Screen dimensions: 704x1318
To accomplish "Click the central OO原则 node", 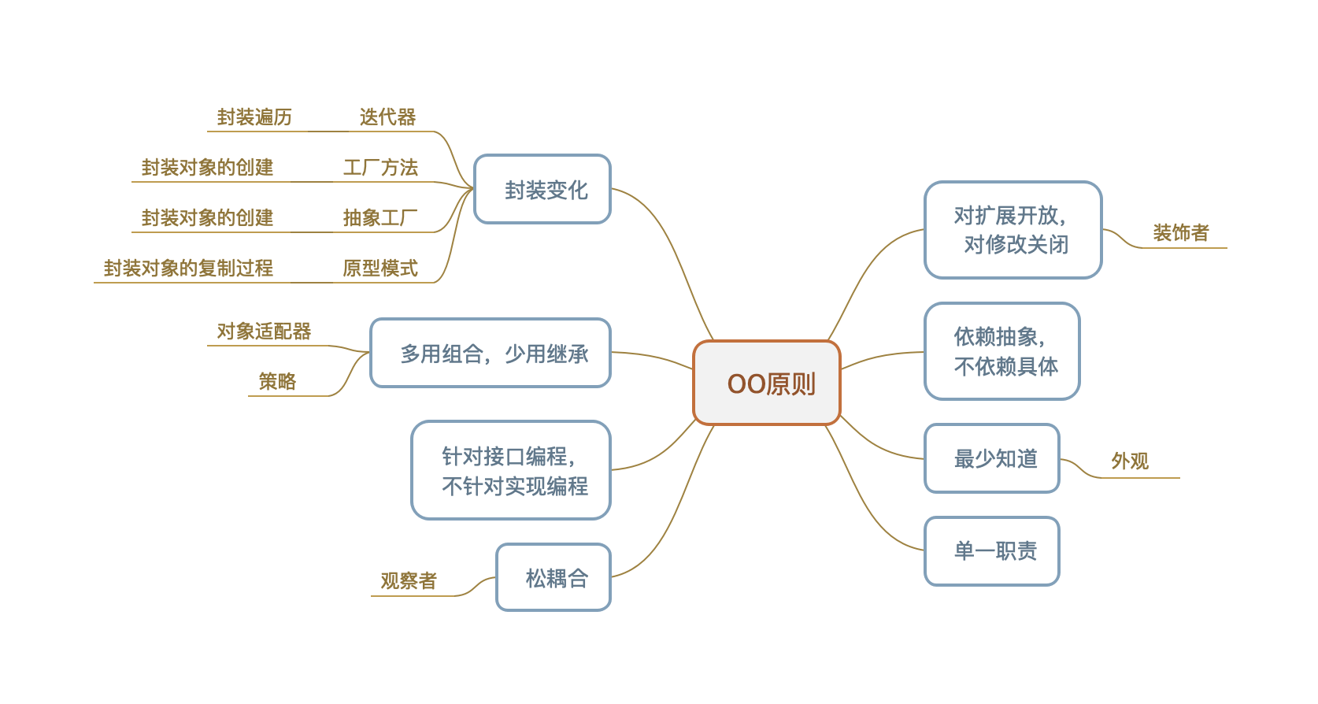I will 767,383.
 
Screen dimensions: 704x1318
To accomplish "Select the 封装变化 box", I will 542,190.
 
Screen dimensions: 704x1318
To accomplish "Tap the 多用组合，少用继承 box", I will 491,354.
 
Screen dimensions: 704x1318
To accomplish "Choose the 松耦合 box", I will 553,578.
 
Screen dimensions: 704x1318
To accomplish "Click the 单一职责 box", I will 992,551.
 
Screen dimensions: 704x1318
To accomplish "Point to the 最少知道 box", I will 992,458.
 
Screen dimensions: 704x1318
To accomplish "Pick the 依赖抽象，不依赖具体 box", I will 1002,351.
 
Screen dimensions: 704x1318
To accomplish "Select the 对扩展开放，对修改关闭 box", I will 1013,230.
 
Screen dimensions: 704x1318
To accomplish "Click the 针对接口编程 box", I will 511,471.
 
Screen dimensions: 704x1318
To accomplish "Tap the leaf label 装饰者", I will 1180,233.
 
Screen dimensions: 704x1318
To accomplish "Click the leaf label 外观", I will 1130,461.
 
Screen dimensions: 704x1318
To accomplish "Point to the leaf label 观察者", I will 409,581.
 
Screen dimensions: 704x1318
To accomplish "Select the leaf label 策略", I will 278,382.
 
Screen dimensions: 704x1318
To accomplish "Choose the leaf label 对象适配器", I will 265,332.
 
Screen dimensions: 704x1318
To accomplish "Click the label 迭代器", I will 387,117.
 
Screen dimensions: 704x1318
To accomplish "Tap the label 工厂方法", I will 380,168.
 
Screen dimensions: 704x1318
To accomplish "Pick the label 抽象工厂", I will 380,218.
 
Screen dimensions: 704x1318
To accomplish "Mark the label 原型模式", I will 380,269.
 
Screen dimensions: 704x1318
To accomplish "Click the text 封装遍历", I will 254,117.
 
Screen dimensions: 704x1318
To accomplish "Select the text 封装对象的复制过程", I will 188,269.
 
